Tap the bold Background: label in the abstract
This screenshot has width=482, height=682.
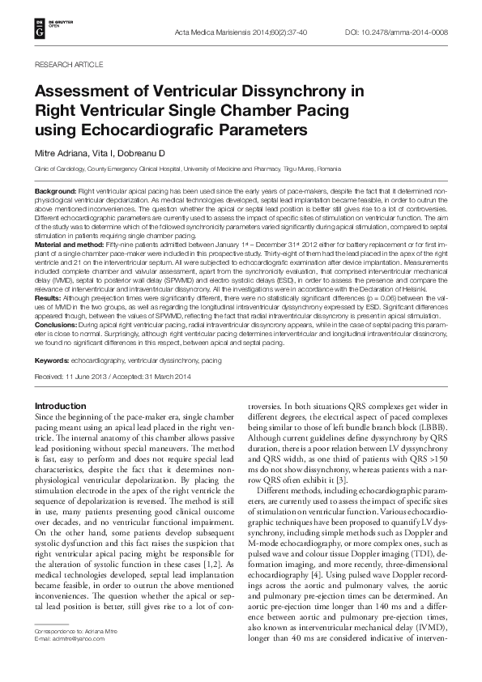55,190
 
